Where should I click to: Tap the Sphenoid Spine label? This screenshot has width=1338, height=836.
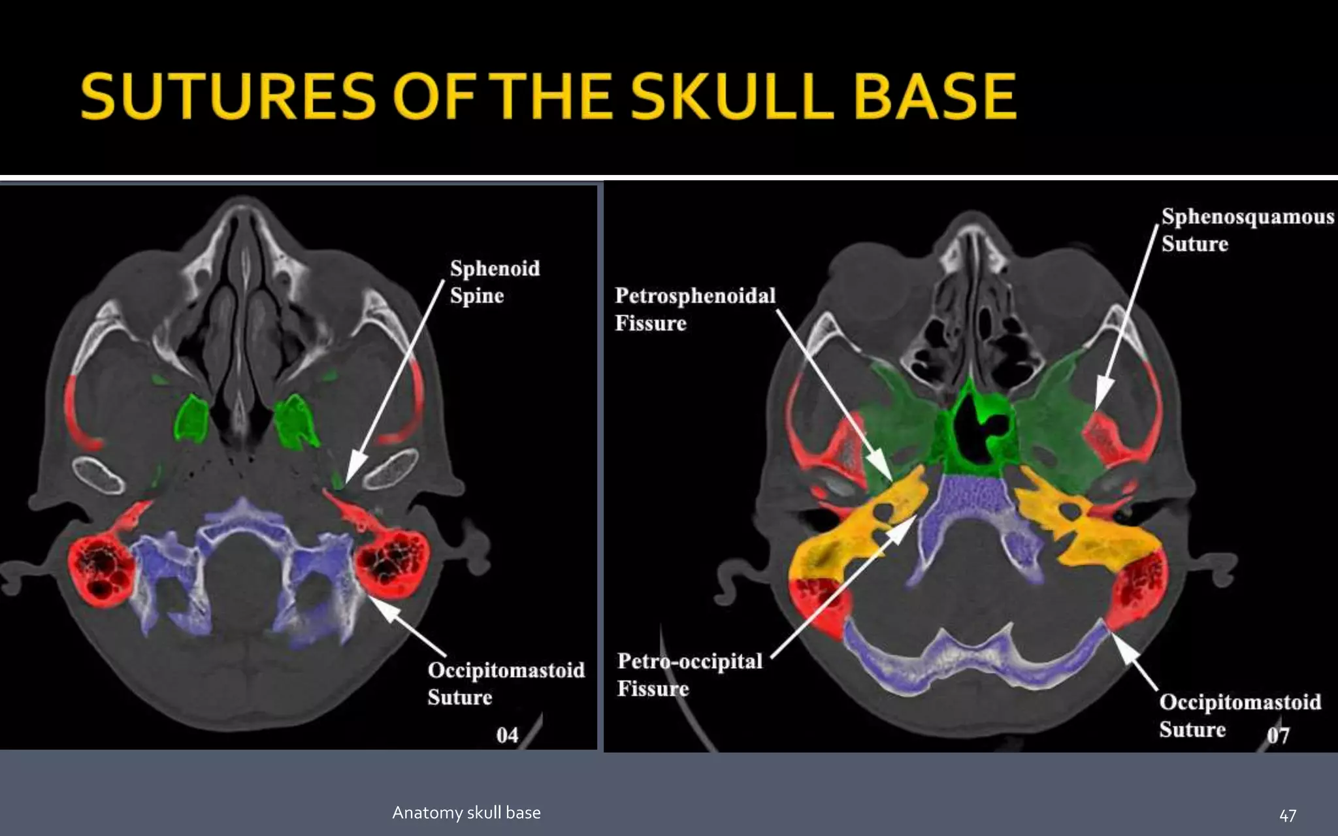click(x=495, y=281)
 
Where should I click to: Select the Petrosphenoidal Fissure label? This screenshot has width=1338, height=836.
click(x=694, y=309)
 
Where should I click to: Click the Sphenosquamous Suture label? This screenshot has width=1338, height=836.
click(x=1247, y=230)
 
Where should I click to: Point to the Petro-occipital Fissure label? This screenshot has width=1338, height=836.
click(x=689, y=674)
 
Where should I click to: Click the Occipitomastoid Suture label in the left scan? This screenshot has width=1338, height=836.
click(x=506, y=683)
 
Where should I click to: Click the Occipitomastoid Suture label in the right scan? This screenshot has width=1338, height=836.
click(x=1239, y=715)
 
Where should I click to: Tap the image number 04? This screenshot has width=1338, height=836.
click(x=507, y=735)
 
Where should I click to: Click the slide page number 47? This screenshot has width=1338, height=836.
click(x=1287, y=815)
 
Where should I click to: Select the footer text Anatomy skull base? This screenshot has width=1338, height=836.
click(x=466, y=812)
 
